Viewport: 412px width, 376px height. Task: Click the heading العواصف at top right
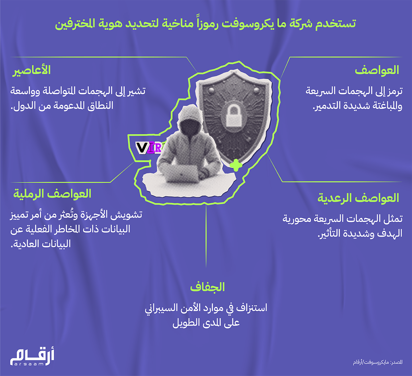(377, 70)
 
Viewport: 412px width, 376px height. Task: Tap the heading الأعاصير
(32, 70)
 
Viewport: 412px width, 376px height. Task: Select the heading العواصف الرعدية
(358, 198)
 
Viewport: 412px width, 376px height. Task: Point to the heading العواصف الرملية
(52, 194)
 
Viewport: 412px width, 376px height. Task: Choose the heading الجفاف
(207, 287)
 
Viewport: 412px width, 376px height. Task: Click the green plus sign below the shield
(236, 165)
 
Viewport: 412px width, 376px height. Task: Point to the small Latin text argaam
(29, 364)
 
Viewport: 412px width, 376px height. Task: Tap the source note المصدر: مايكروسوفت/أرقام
(378, 362)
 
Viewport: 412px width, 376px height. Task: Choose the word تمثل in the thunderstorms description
(393, 219)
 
